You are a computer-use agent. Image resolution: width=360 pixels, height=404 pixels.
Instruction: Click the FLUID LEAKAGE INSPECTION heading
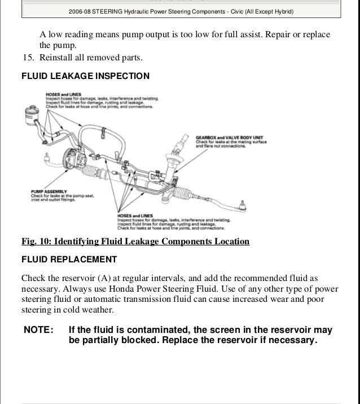[85, 76]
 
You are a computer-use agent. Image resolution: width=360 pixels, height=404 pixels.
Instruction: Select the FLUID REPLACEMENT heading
[69, 260]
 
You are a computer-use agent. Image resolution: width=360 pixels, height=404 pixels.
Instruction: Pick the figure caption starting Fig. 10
[135, 242]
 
